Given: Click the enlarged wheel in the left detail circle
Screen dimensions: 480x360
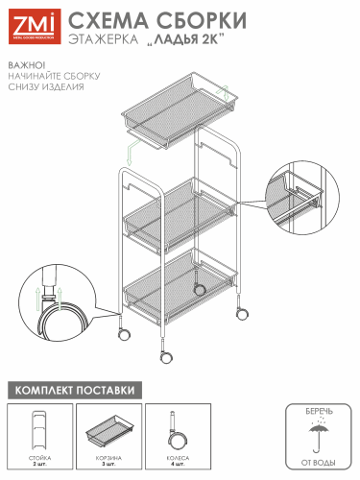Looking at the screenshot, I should pyautogui.click(x=60, y=314).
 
